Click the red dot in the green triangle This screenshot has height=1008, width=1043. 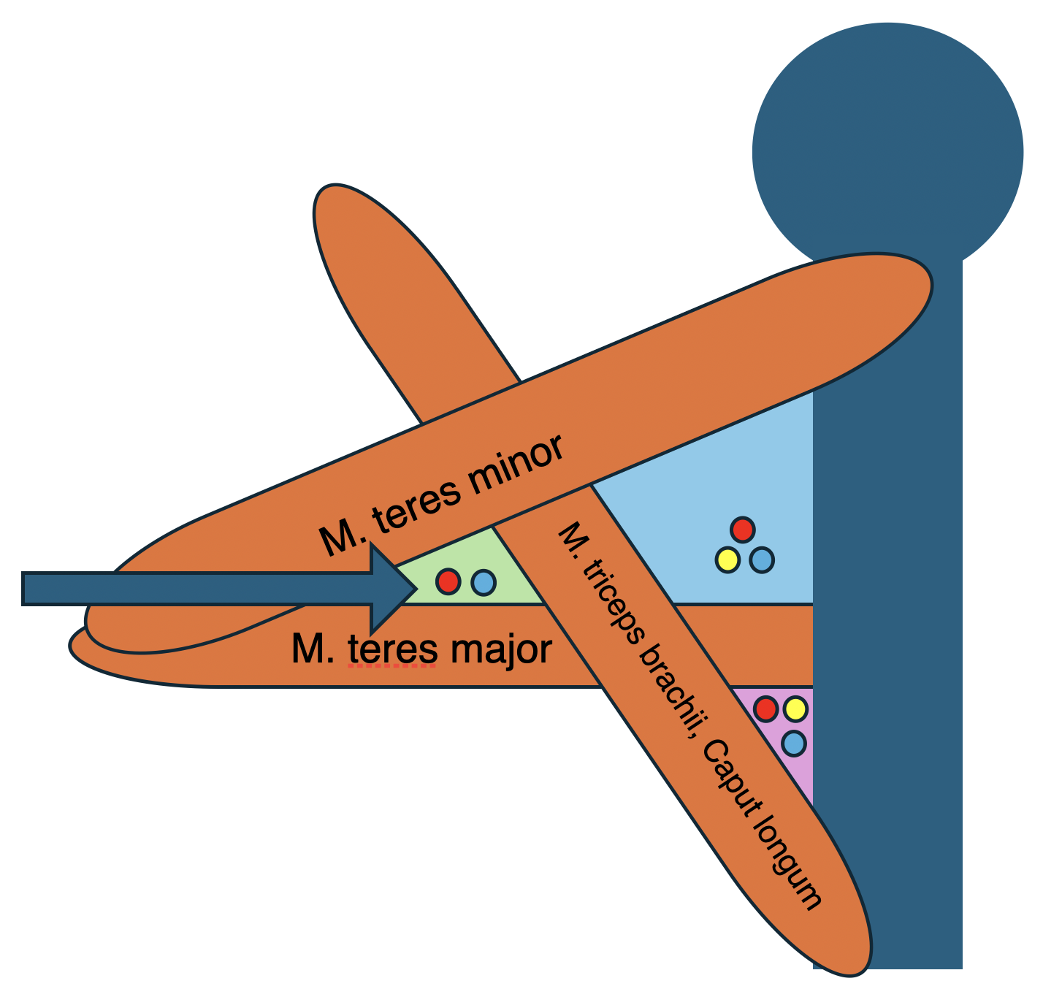click(448, 581)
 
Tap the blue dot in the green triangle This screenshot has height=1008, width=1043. click(483, 582)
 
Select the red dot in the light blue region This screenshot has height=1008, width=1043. click(742, 529)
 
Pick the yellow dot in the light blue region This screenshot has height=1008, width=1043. click(727, 560)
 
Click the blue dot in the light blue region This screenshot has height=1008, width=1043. click(762, 560)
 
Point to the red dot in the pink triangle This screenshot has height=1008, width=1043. click(765, 709)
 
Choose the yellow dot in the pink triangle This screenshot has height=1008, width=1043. click(795, 709)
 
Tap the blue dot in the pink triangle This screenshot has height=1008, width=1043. click(793, 744)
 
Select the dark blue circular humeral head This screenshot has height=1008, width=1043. click(887, 146)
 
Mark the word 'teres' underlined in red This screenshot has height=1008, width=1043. click(391, 649)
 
